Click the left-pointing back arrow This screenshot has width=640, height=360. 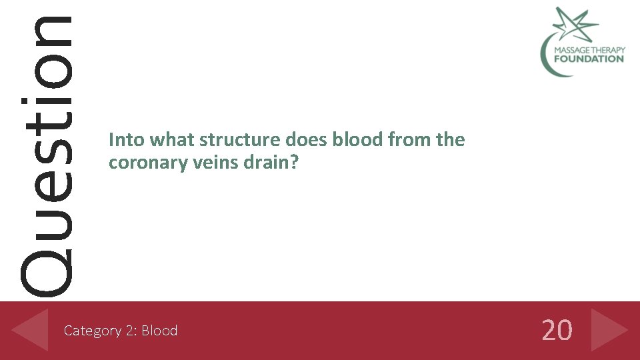(31, 330)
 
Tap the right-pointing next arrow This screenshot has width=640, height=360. (609, 330)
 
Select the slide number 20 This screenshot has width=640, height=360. (557, 330)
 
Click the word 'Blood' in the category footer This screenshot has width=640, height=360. (159, 331)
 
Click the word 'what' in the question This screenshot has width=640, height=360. (172, 140)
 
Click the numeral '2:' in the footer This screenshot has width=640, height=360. (130, 331)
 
